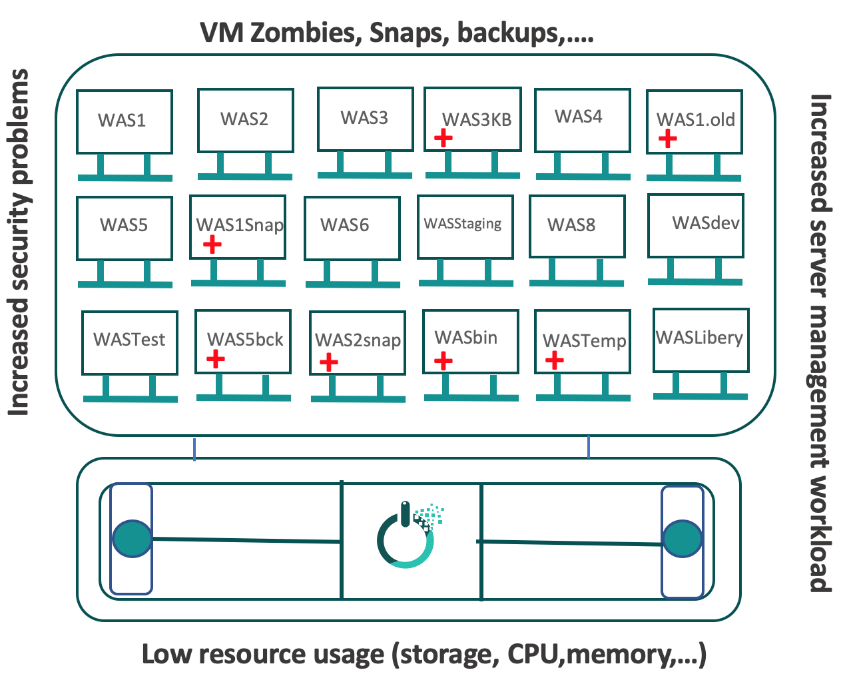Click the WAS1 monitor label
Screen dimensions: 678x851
pos(122,121)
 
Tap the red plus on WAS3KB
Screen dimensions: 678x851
pos(443,138)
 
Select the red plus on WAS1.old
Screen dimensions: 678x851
pos(667,139)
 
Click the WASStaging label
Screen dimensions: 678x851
pos(463,224)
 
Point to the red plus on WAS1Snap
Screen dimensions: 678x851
pos(212,244)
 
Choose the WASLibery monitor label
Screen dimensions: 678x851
pos(699,338)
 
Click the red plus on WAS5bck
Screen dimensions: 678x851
pos(215,360)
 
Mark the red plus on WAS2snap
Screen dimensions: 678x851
pos(328,362)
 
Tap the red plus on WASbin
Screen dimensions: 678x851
pos(443,361)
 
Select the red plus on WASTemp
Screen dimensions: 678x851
pos(554,360)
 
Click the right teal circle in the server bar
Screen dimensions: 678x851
pos(683,539)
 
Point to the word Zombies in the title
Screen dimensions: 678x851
pos(304,32)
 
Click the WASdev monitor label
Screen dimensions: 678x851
pos(706,223)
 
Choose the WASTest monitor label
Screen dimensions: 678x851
pos(129,340)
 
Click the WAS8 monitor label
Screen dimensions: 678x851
pos(571,225)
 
